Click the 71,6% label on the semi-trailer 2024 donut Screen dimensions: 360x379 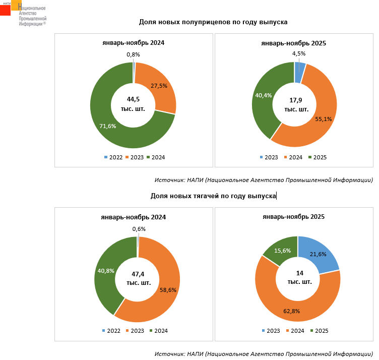point(108,126)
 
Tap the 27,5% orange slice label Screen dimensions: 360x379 point(159,86)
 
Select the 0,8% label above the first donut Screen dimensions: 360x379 point(133,54)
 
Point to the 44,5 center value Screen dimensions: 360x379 point(133,99)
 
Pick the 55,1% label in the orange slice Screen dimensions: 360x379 point(323,119)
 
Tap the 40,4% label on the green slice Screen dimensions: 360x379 point(264,95)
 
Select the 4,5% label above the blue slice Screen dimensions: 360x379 point(299,54)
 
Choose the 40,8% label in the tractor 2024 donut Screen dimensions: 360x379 point(105,271)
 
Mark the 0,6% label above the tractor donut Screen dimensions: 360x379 point(139,229)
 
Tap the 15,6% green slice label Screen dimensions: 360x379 point(282,251)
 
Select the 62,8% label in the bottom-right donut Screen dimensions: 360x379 point(291,311)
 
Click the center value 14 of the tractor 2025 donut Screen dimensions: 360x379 point(300,273)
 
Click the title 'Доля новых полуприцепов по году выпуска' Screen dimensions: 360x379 point(213,22)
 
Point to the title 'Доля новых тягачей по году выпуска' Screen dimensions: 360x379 point(213,196)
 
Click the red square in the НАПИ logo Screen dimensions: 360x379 point(5,10)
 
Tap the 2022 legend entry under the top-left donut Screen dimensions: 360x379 point(113,157)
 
